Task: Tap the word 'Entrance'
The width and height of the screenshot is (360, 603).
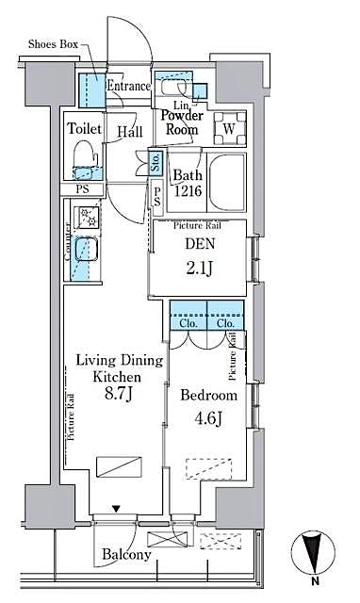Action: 128,87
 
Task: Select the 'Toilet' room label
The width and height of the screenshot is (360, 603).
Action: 85,128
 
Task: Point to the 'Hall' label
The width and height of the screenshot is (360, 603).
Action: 129,133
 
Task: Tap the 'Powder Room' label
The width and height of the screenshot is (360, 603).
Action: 181,122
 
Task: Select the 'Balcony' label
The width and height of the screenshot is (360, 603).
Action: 126,555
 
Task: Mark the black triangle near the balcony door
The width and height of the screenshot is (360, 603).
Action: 116,510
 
